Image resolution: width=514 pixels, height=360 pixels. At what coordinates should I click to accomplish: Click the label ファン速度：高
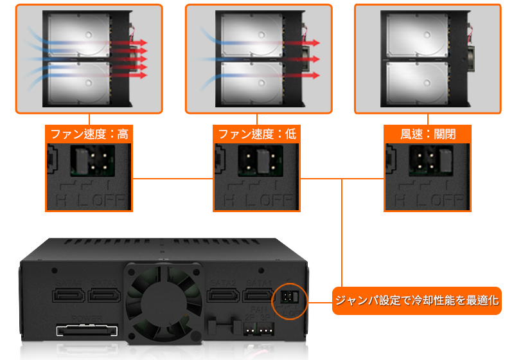(87, 134)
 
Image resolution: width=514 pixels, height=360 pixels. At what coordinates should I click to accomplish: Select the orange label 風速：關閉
(427, 134)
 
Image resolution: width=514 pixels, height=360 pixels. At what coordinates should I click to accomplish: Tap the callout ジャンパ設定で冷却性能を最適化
(416, 300)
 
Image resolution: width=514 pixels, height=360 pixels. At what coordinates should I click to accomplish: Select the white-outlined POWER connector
(87, 332)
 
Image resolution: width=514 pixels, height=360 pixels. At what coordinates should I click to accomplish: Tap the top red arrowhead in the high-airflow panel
(144, 42)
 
